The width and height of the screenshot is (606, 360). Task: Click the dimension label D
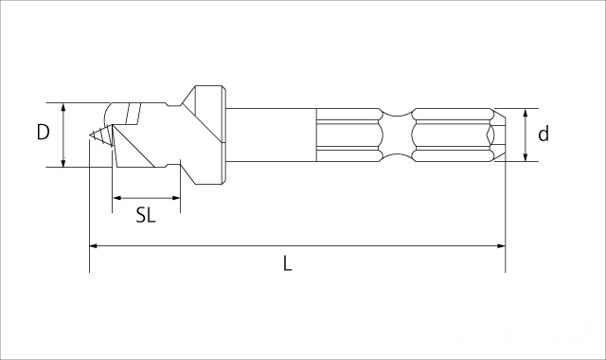[43, 133]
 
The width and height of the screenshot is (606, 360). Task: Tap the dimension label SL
[146, 215]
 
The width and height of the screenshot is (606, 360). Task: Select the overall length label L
[287, 263]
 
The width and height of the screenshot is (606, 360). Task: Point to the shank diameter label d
[544, 134]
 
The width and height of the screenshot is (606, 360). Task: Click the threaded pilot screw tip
[100, 135]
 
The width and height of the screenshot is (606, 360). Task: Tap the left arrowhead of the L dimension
[94, 245]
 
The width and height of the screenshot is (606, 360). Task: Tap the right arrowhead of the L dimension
[501, 245]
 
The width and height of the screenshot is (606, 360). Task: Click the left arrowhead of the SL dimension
[116, 198]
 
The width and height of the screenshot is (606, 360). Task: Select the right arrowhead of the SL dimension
[176, 198]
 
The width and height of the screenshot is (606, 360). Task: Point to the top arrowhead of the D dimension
[63, 107]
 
